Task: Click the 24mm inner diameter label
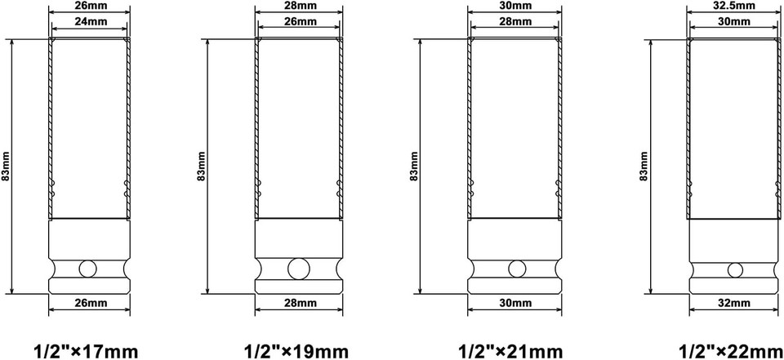click(89, 21)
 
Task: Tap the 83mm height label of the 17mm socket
click(7, 167)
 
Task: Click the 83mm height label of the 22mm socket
click(644, 167)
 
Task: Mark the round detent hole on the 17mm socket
click(88, 269)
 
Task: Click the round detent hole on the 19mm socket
click(299, 269)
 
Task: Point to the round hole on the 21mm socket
click(515, 269)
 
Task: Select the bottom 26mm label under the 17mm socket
click(89, 303)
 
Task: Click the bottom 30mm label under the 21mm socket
click(514, 303)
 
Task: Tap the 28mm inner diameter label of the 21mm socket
click(514, 21)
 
